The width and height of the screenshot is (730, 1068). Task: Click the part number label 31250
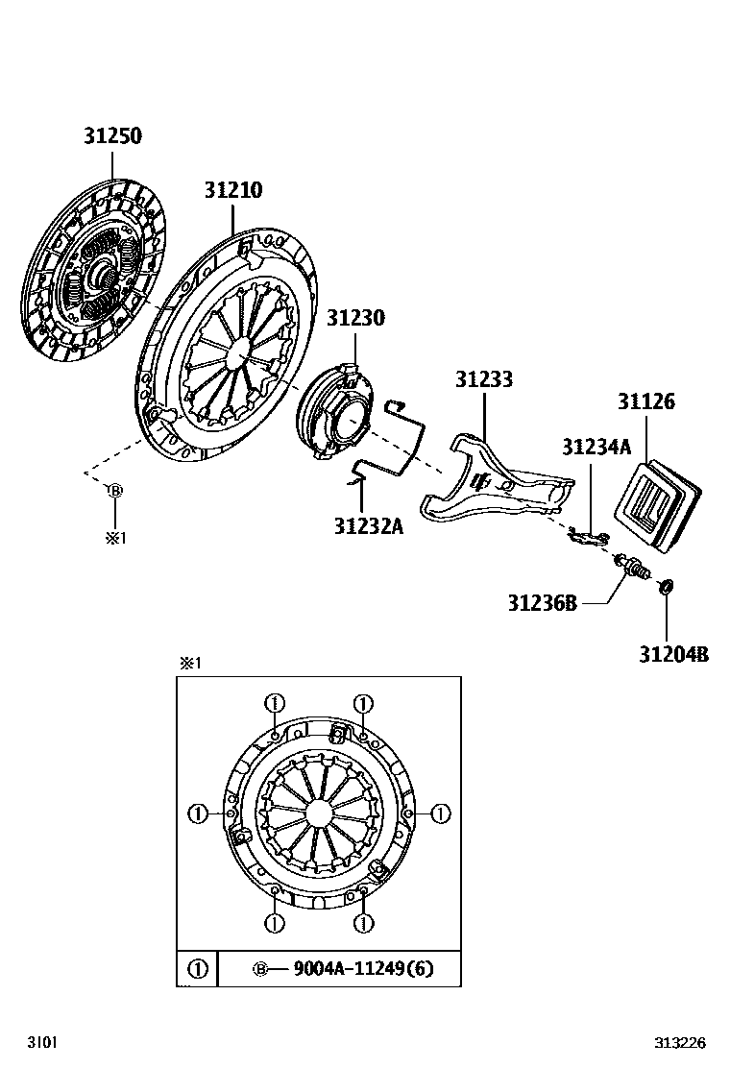coord(111,136)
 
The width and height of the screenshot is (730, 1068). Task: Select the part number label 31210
coord(232,190)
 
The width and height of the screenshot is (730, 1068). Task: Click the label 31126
coord(645,401)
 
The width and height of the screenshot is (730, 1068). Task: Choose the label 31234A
coord(596,447)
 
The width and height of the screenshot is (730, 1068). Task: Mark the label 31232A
coord(368,525)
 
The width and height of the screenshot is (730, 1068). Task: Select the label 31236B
coord(542,602)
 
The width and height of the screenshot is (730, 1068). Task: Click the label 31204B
coord(673,654)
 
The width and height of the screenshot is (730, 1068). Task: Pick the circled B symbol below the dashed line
coord(114,491)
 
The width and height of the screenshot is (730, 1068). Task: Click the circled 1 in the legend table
coord(197,968)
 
